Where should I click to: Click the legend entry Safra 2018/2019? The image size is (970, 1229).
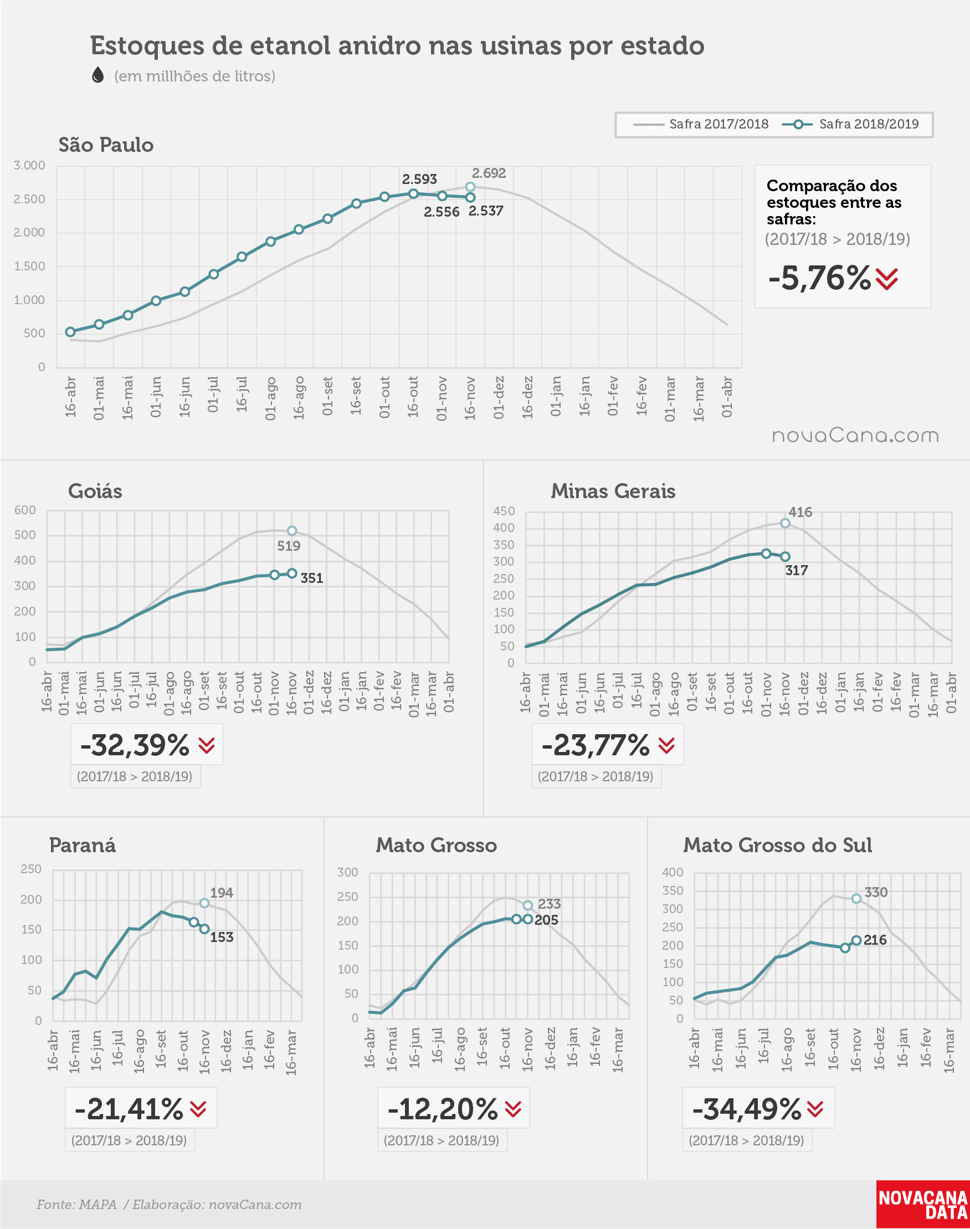click(x=850, y=124)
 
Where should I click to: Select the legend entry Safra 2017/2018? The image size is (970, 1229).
click(x=700, y=124)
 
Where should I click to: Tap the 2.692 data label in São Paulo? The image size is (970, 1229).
click(x=489, y=173)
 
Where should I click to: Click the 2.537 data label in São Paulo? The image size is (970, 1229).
click(x=486, y=211)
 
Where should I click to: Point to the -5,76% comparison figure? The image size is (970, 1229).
click(x=819, y=278)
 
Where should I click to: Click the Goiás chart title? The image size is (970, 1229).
click(x=95, y=491)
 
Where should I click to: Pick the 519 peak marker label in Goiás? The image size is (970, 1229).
click(x=289, y=546)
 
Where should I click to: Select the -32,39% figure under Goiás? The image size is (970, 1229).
click(x=135, y=745)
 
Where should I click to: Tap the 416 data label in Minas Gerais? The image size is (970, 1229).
click(x=800, y=513)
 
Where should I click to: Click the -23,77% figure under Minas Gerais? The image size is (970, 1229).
click(x=596, y=745)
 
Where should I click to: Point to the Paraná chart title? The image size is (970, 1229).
click(x=83, y=845)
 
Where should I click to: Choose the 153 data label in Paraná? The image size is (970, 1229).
click(x=222, y=937)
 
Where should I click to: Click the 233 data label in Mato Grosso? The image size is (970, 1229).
click(x=549, y=904)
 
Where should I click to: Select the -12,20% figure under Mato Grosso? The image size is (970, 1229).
click(x=443, y=1109)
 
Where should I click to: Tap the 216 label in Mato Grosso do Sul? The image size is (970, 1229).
click(x=875, y=940)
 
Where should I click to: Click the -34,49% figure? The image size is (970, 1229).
click(x=747, y=1109)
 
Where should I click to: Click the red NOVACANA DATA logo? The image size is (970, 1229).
click(x=923, y=1205)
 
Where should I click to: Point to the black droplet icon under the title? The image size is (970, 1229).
click(x=97, y=75)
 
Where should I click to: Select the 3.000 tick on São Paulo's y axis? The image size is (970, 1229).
click(x=29, y=165)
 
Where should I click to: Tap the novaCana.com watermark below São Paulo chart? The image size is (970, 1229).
click(x=855, y=436)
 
